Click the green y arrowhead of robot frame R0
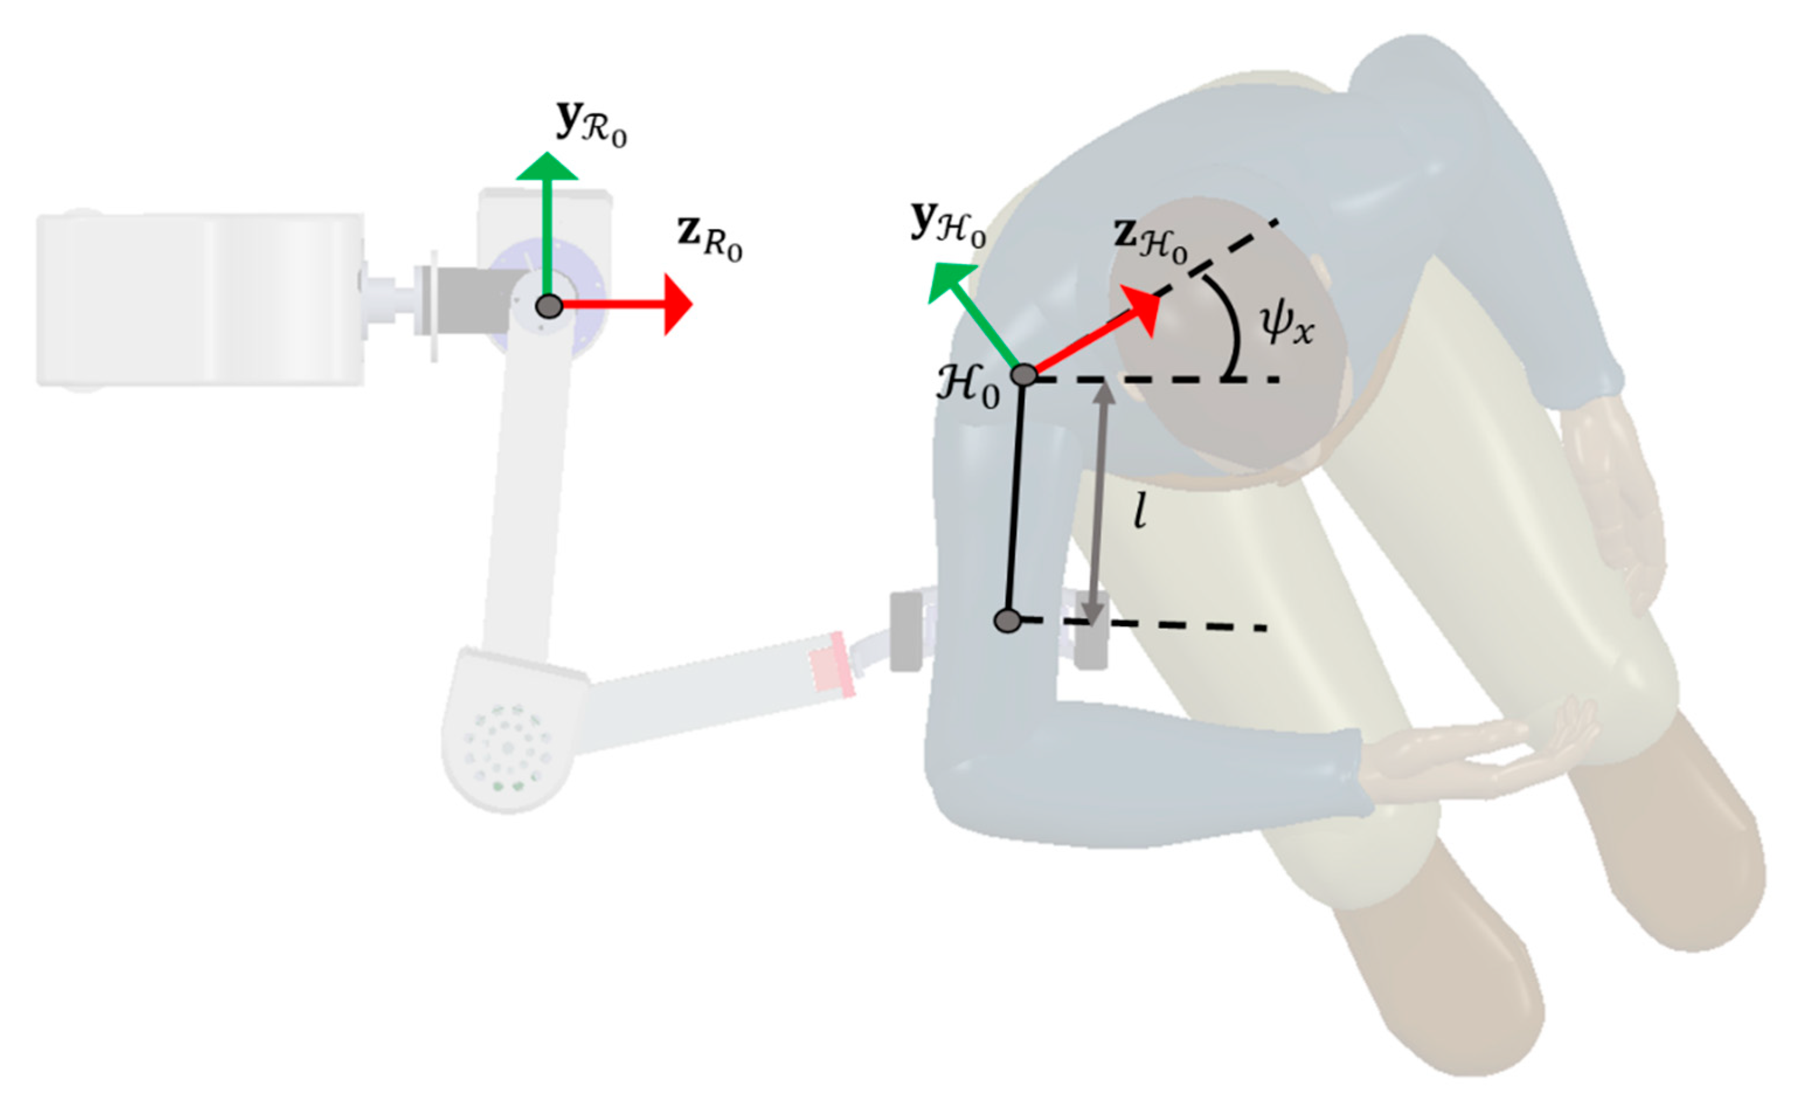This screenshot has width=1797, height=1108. (547, 166)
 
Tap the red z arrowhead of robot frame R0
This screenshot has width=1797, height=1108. (677, 305)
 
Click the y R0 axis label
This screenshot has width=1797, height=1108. (590, 124)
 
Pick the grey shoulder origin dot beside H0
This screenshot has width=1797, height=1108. (1024, 375)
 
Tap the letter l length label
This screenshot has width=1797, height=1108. (1139, 510)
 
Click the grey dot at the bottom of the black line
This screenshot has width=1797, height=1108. (1008, 621)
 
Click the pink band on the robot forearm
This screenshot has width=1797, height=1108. (831, 664)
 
